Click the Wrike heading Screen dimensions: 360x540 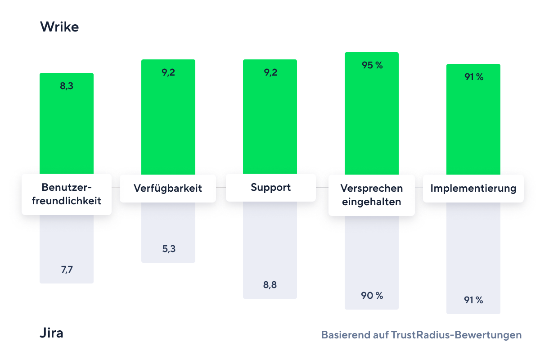[59, 27]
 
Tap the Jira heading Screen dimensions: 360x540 [52, 333]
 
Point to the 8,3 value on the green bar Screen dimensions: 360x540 [67, 86]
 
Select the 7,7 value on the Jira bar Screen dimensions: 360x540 [67, 270]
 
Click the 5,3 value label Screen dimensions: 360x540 [169, 249]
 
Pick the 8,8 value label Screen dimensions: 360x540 [270, 285]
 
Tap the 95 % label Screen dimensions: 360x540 [372, 65]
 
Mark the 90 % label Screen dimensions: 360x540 [372, 296]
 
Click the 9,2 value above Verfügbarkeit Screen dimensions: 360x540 [169, 72]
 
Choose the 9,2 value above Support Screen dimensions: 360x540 [270, 72]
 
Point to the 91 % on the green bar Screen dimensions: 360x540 [474, 77]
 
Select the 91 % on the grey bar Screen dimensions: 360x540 [474, 300]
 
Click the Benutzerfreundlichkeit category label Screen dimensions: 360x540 [67, 194]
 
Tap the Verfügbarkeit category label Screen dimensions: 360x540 [168, 188]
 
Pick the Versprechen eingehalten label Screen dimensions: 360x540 [372, 195]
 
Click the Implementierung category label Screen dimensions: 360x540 [473, 188]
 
